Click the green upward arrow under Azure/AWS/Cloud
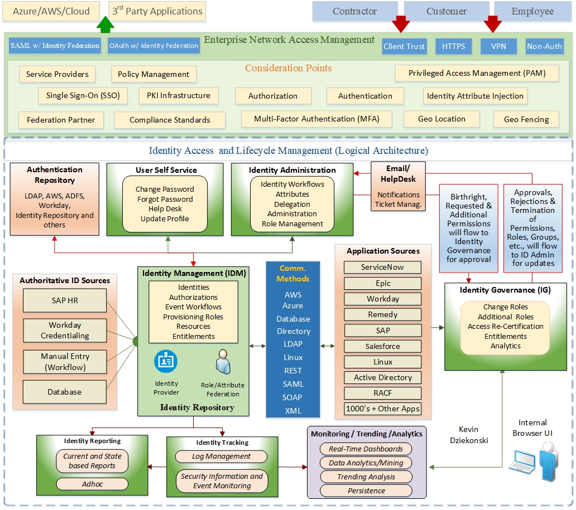(x=105, y=26)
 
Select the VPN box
(x=498, y=46)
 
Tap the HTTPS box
(x=453, y=46)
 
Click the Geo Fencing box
(x=526, y=119)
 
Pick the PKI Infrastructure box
(x=179, y=95)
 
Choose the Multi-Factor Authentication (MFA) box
(x=316, y=119)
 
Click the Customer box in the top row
(x=447, y=11)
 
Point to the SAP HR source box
(x=65, y=300)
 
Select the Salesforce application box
(x=383, y=346)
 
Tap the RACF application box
(x=383, y=393)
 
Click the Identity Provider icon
(x=166, y=362)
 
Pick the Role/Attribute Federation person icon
(x=223, y=362)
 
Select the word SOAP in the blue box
(x=292, y=397)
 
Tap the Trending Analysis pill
(x=366, y=477)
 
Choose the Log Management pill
(x=222, y=456)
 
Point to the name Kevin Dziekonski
(x=469, y=435)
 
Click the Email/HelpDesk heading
(x=398, y=173)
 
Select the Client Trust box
(x=404, y=46)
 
